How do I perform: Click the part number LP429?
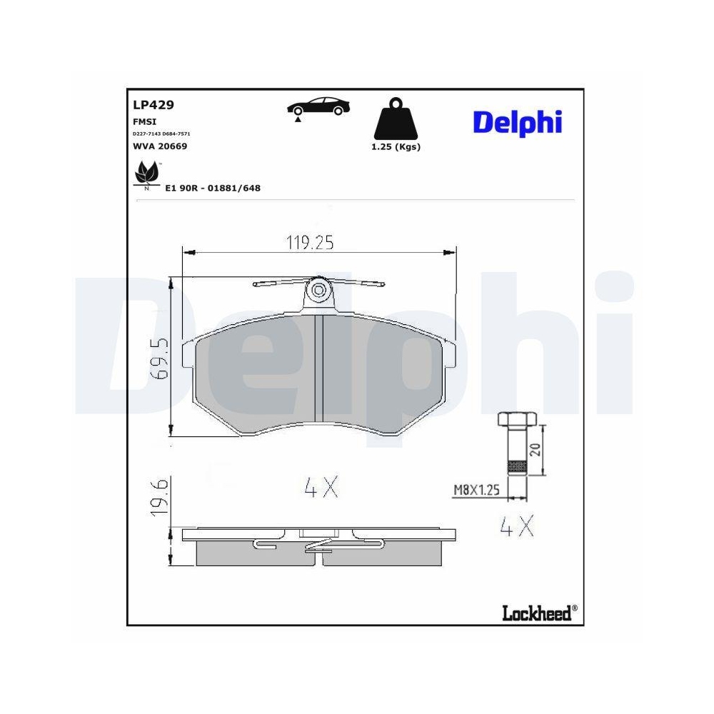pos(154,104)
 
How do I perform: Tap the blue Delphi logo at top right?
pos(517,122)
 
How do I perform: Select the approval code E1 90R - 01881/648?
pos(213,188)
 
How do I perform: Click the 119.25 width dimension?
pos(310,243)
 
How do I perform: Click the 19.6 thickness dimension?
pos(160,498)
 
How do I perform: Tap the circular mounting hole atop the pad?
pos(319,290)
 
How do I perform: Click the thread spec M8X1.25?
pos(476,490)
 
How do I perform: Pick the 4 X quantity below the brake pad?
pos(320,488)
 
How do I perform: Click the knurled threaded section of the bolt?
pos(516,468)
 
